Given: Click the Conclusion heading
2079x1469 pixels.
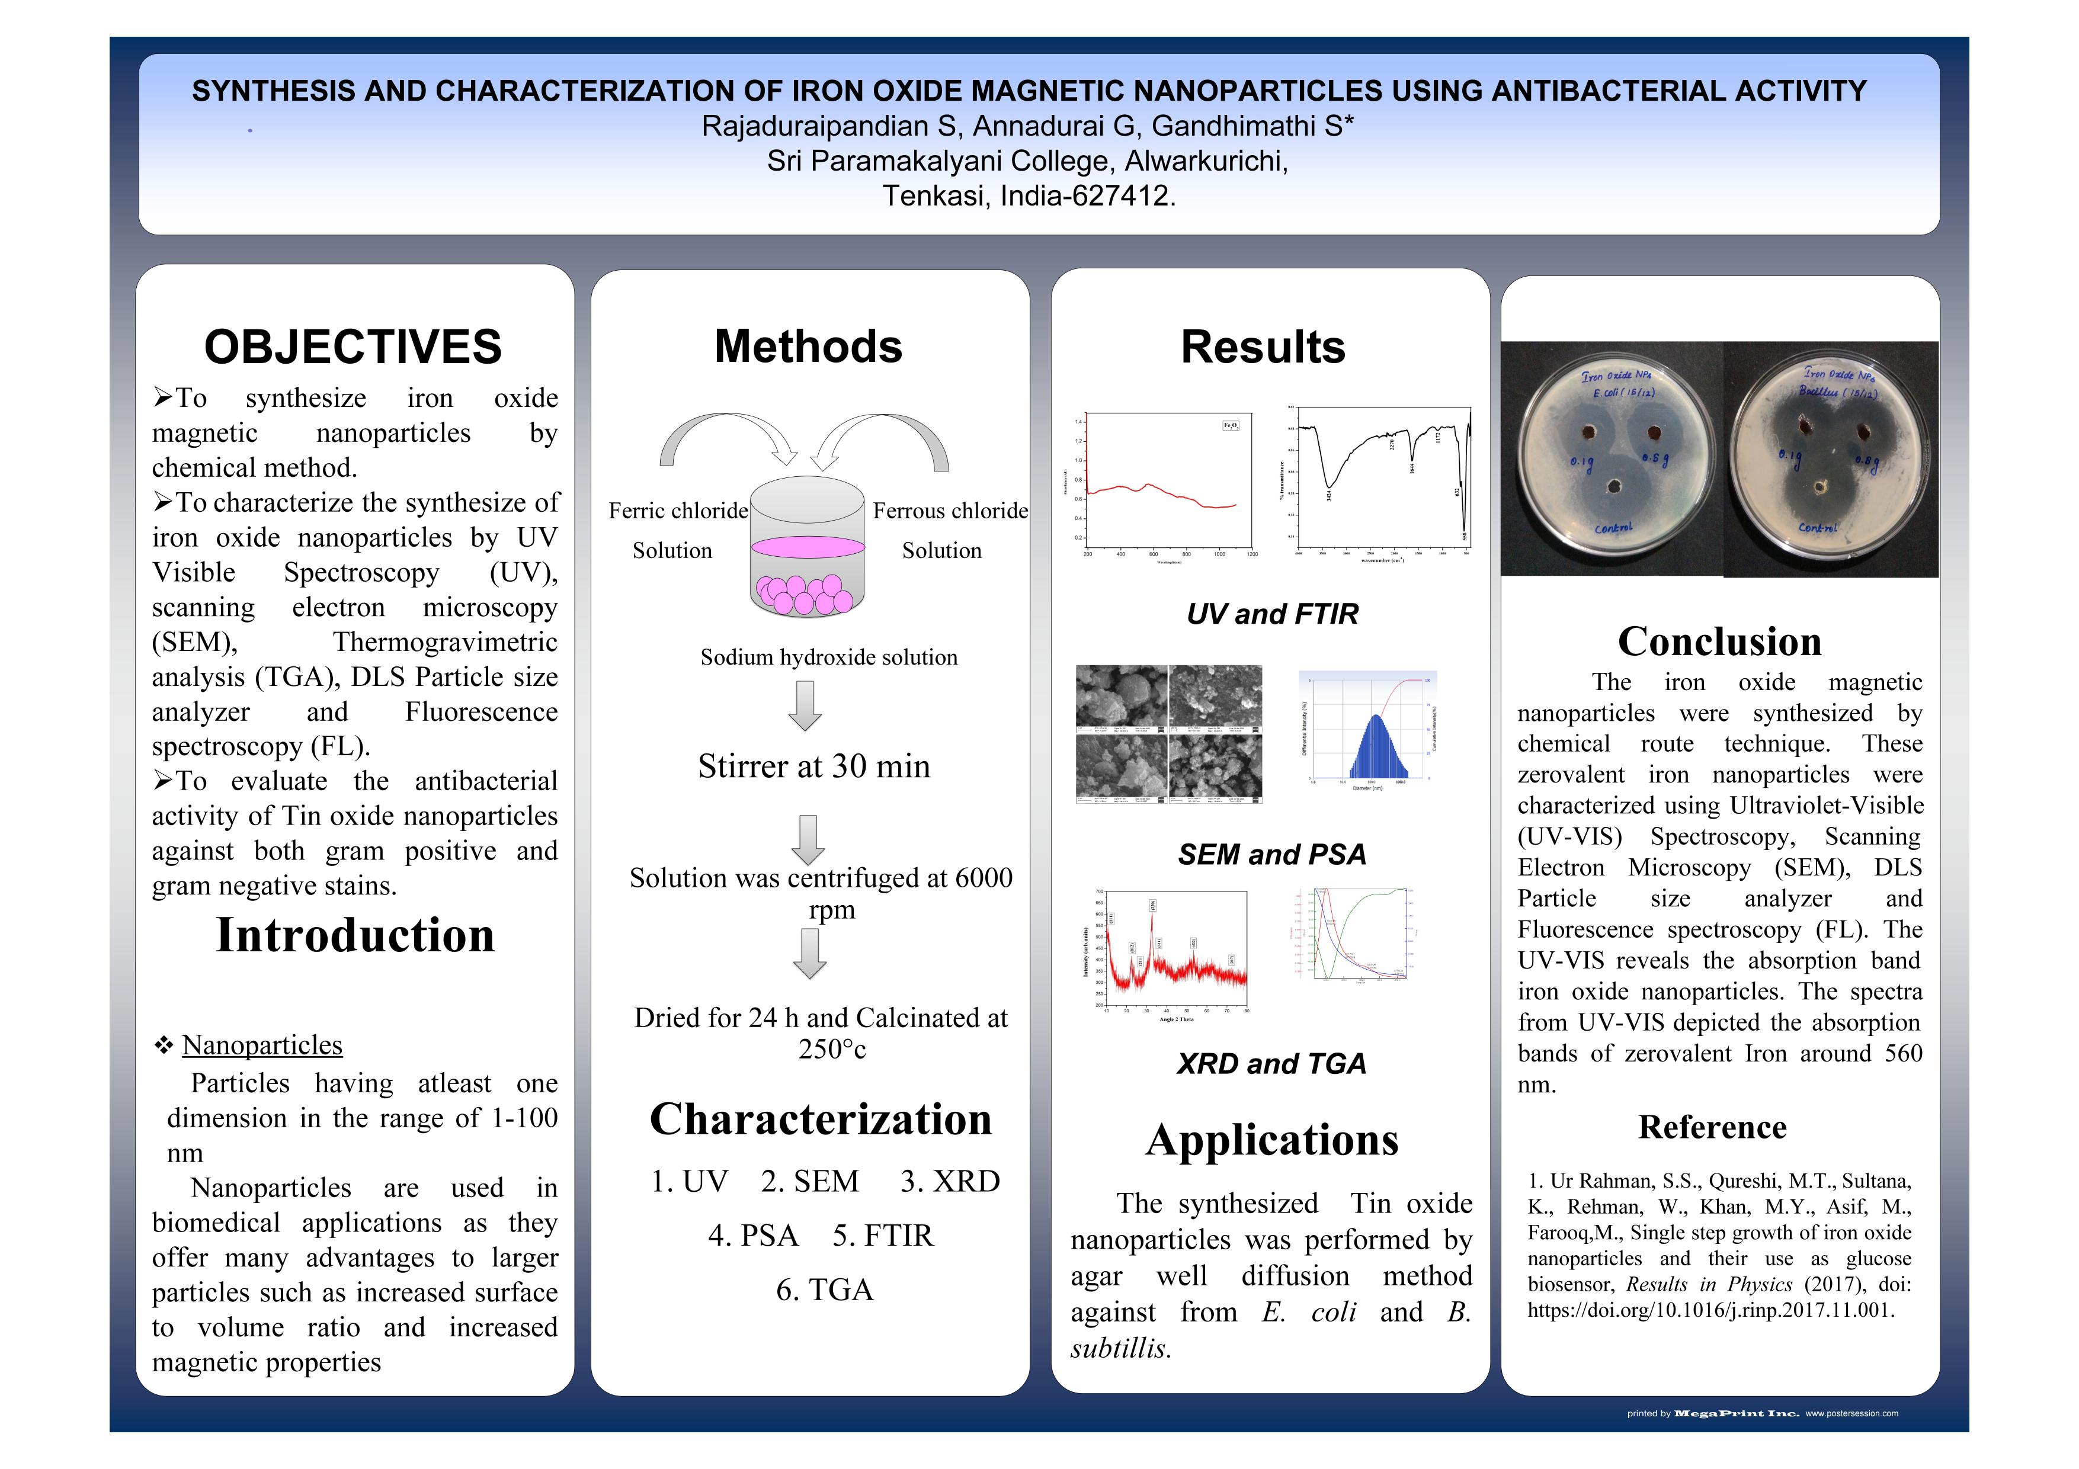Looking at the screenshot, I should point(1719,642).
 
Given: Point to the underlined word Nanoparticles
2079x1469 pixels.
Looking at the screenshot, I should point(262,1045).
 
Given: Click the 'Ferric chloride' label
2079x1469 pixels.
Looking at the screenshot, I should point(678,511).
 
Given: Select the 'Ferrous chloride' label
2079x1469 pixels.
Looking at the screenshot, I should point(950,511).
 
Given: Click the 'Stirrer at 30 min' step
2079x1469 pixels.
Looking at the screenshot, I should point(813,766).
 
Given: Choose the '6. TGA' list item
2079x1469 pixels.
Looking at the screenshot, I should point(824,1290).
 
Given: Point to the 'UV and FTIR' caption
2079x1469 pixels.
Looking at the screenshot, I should point(1272,615).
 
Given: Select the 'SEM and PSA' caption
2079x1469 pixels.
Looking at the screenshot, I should point(1271,854).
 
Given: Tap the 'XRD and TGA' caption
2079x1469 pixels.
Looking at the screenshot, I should point(1271,1063).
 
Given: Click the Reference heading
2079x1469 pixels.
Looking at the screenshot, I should point(1712,1128).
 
